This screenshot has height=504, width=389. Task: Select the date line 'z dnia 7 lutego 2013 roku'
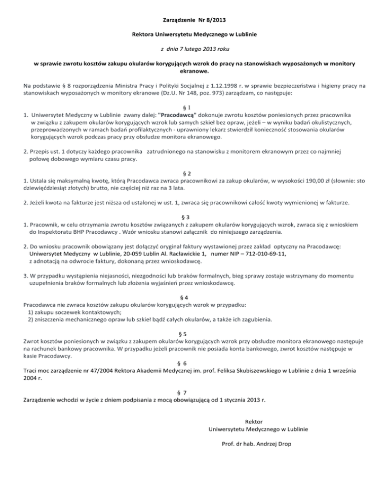pos(194,50)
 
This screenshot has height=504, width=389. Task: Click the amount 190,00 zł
pos(316,180)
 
